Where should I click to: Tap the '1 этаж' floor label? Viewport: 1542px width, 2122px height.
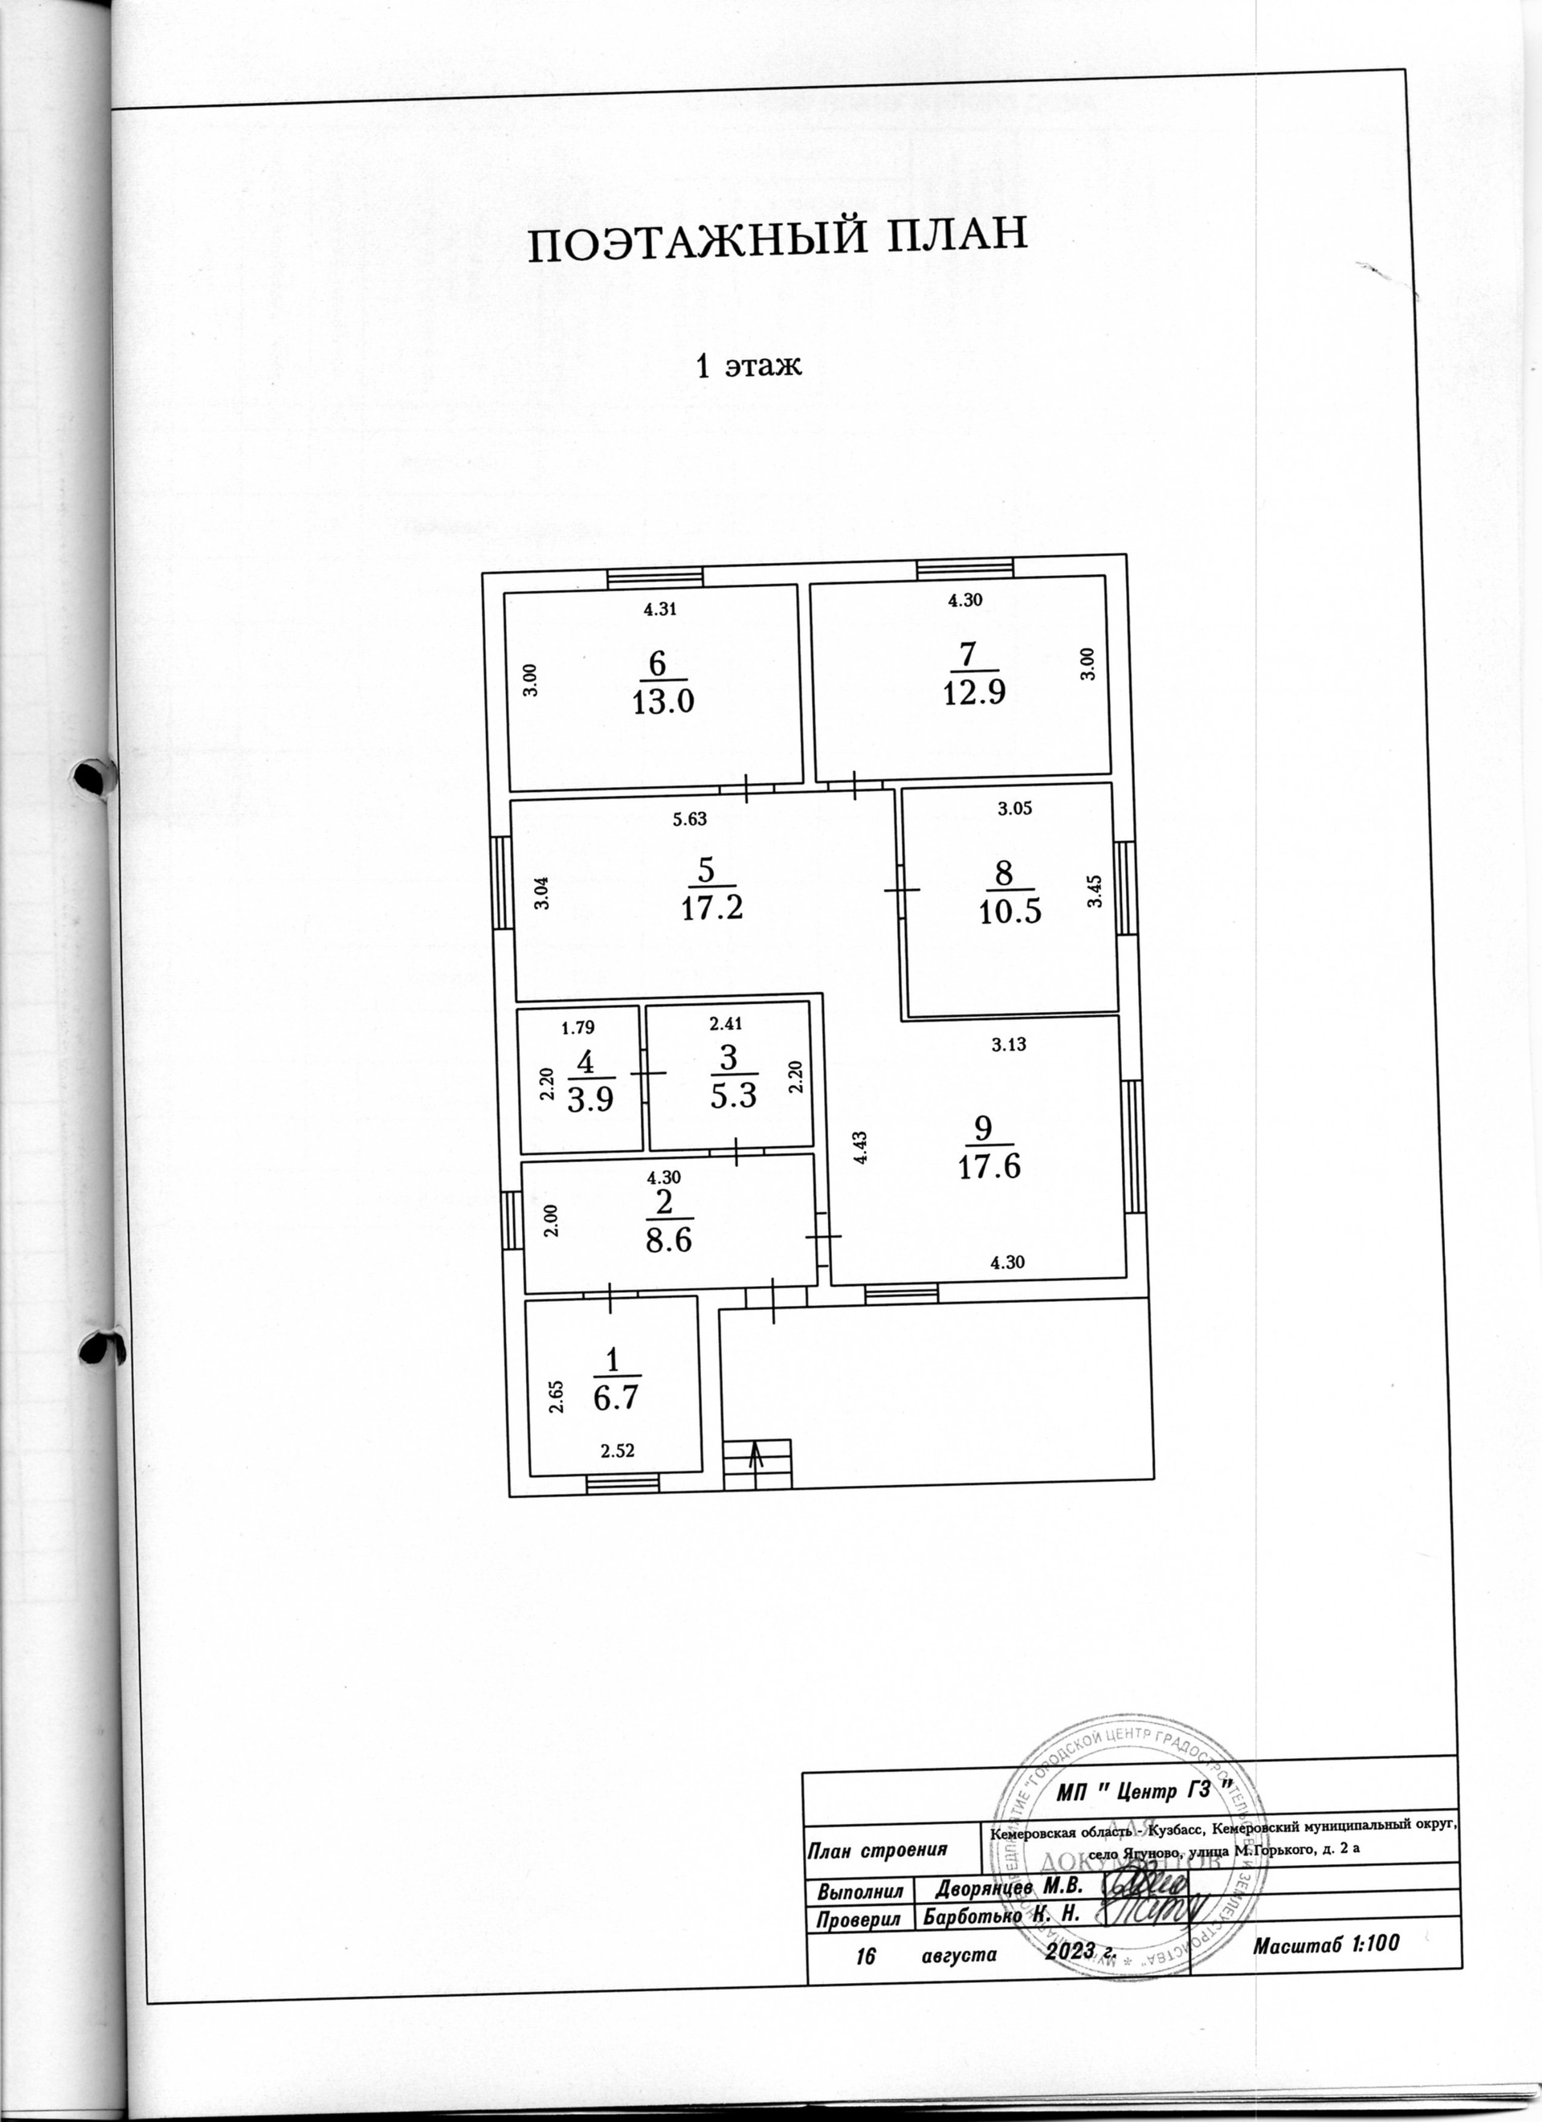click(749, 365)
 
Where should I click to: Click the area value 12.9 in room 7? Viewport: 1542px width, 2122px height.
click(974, 693)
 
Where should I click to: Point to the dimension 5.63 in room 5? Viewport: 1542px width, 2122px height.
click(690, 819)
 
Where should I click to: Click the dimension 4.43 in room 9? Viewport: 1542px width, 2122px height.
click(861, 1146)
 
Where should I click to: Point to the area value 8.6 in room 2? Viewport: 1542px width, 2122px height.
click(668, 1241)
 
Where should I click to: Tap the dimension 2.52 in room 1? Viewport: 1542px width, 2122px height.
click(618, 1451)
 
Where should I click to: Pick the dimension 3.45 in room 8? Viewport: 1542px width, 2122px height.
click(1095, 891)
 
